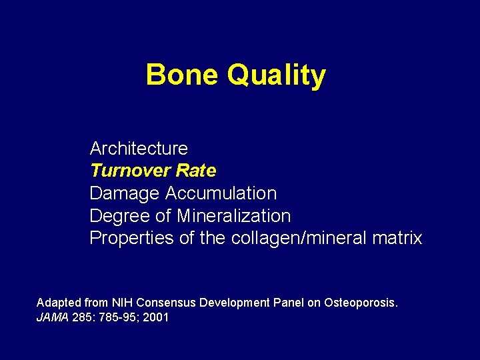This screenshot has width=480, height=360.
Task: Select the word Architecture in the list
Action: pyautogui.click(x=139, y=148)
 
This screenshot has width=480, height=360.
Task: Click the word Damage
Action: pyautogui.click(x=125, y=193)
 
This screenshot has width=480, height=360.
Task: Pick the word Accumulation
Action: pyautogui.click(x=221, y=193)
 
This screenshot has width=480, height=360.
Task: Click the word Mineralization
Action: pyautogui.click(x=233, y=216)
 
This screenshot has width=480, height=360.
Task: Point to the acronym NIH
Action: pyautogui.click(x=123, y=303)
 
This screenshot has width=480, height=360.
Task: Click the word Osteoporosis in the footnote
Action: pyautogui.click(x=361, y=303)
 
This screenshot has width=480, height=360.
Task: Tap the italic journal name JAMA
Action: pyautogui.click(x=52, y=318)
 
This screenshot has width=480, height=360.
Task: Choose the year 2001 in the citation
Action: pyautogui.click(x=156, y=318)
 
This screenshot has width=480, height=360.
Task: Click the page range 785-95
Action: pyautogui.click(x=119, y=318)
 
